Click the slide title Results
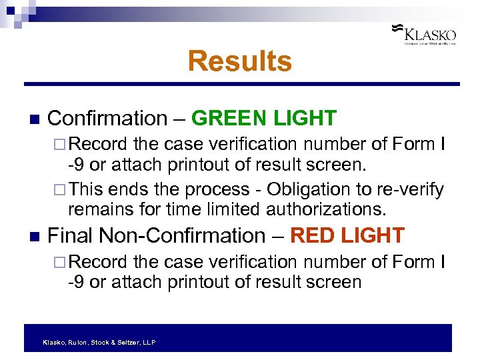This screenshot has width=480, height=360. [239, 61]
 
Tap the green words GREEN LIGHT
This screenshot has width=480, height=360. [263, 119]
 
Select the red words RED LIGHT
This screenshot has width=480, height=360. [347, 236]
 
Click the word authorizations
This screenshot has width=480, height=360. [326, 210]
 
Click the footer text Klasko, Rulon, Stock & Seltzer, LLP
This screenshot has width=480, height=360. [99, 342]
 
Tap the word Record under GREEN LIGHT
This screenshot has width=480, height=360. [98, 144]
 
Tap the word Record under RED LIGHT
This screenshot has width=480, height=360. [98, 262]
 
